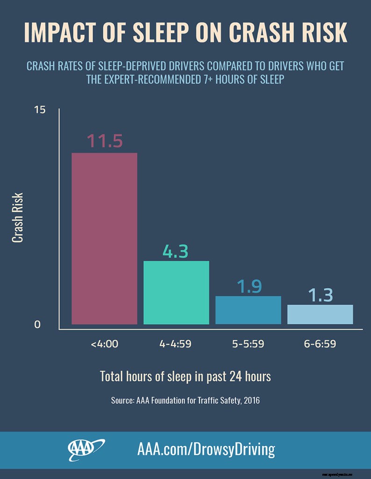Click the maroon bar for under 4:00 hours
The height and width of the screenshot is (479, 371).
104,239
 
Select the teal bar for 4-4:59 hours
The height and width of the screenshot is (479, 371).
176,292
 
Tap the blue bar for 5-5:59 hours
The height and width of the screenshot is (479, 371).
248,310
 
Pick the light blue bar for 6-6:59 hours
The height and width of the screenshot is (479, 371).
320,314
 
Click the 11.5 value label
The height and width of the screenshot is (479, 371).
105,141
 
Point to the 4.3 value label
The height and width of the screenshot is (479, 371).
176,251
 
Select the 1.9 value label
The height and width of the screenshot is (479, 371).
249,287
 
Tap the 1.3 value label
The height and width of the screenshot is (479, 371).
320,295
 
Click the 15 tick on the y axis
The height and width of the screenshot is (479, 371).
40,110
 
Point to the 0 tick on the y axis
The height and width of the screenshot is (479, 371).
37,325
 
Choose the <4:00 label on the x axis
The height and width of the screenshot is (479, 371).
105,344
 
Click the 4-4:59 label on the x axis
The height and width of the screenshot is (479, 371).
176,344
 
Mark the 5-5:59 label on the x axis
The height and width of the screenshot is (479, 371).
248,344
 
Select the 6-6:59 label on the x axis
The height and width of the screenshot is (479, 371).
320,344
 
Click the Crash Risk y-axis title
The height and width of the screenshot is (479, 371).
18,218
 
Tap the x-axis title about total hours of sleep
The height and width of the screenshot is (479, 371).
185,377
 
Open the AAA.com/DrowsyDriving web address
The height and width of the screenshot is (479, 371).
206,450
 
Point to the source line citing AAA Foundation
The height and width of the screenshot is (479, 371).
185,400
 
